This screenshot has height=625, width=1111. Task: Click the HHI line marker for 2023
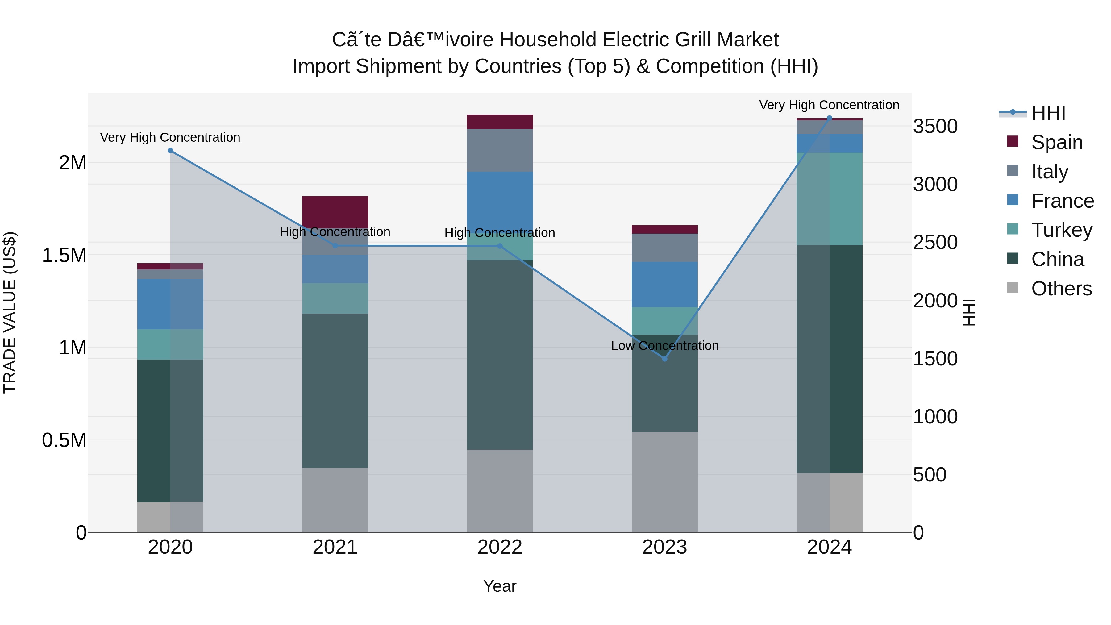click(665, 359)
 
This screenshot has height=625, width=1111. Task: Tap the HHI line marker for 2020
click(170, 151)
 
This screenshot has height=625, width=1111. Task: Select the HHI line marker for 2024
click(829, 118)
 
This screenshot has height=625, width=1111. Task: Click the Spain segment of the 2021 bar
click(335, 211)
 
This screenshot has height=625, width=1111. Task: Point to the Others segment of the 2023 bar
click(665, 482)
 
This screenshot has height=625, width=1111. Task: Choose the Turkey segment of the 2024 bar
click(829, 199)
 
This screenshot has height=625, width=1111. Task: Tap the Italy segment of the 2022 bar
click(500, 150)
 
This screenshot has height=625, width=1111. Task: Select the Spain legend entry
click(1057, 142)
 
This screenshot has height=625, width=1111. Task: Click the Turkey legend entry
click(1061, 230)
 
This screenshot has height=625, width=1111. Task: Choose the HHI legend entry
click(1048, 113)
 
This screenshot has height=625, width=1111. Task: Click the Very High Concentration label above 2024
click(829, 105)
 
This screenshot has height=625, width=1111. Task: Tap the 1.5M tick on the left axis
click(64, 255)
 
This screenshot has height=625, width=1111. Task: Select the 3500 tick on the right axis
click(935, 126)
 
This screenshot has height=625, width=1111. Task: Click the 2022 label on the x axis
click(500, 547)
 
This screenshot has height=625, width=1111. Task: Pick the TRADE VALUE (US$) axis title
click(10, 312)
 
